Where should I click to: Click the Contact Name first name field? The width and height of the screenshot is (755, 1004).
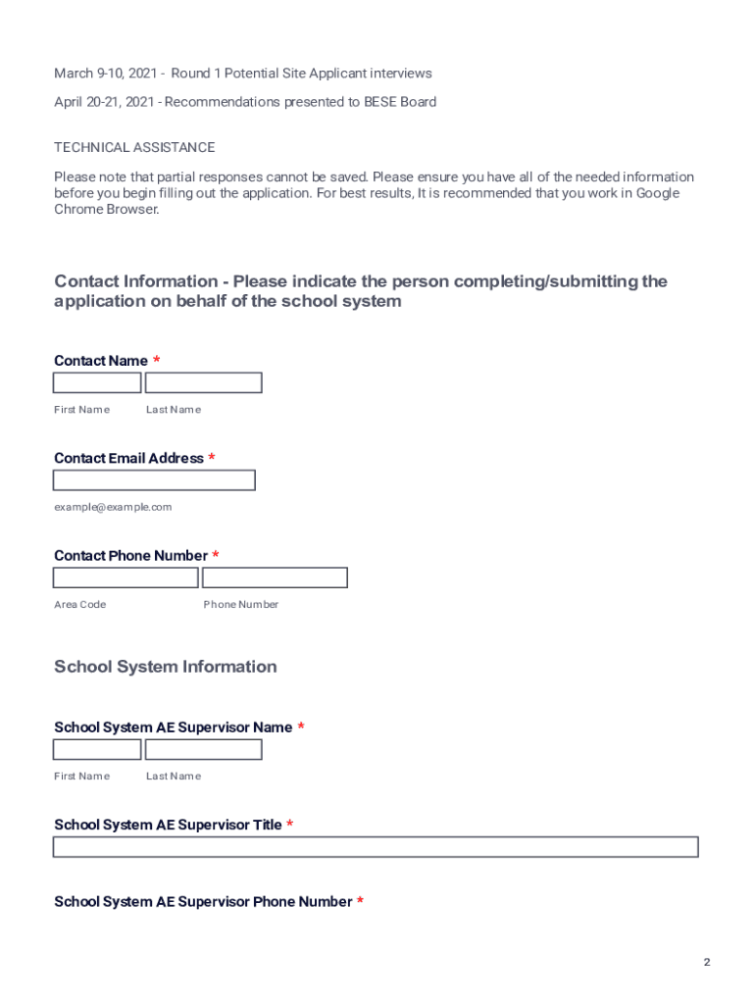[x=97, y=382]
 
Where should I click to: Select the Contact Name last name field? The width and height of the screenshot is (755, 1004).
[x=203, y=382]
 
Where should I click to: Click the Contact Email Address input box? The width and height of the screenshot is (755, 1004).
[x=154, y=480]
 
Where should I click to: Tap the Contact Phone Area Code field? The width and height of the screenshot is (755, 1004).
[x=126, y=577]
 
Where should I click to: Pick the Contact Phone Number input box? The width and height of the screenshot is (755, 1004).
[x=275, y=577]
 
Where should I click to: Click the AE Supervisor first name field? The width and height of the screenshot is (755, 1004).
[x=97, y=749]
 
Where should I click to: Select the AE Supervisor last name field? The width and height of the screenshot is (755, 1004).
[x=203, y=749]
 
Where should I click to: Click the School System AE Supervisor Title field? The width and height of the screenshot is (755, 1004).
[x=376, y=847]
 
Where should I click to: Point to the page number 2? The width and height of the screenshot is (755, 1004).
[x=706, y=962]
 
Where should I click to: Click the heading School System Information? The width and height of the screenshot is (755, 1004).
[x=166, y=667]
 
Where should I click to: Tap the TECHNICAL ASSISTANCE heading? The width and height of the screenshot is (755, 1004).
[x=134, y=147]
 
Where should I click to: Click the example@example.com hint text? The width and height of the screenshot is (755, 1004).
[x=113, y=507]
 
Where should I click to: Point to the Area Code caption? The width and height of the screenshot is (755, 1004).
[x=79, y=604]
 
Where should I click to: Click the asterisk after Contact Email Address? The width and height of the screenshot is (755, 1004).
[x=212, y=458]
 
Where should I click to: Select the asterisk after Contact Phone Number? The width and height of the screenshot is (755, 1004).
[x=216, y=555]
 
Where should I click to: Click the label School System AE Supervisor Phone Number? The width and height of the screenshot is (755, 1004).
[x=203, y=901]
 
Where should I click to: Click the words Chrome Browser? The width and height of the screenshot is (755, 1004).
[x=106, y=209]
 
